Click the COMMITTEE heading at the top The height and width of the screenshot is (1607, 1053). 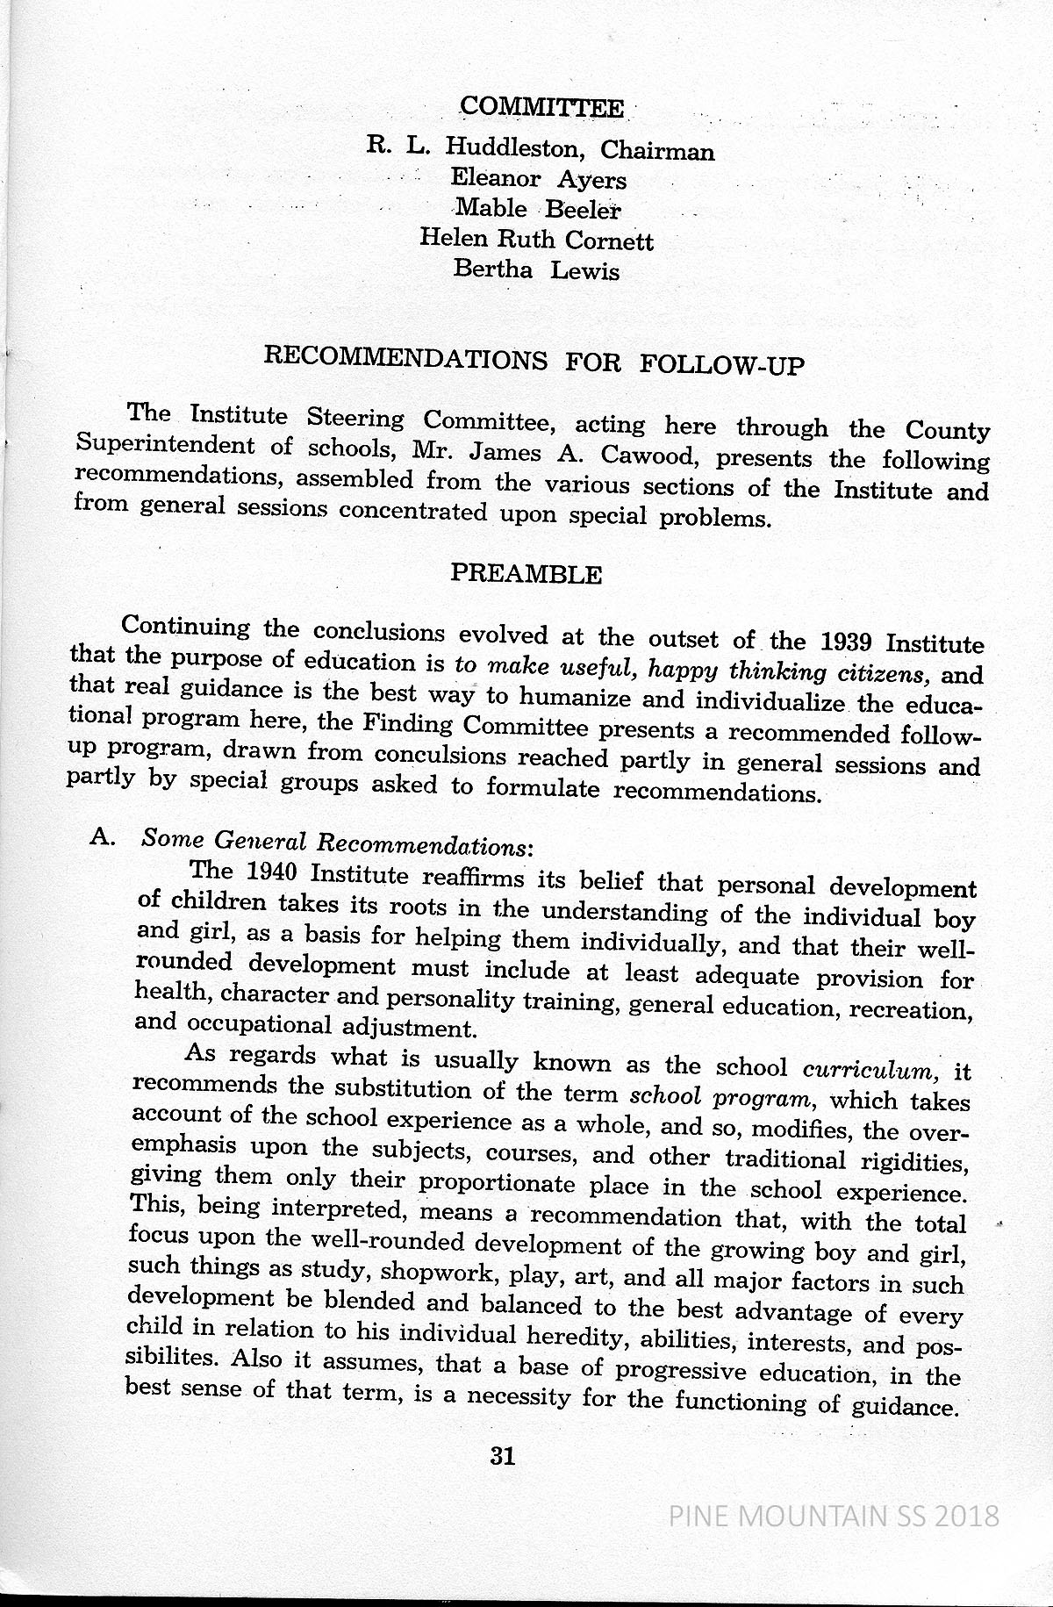541,107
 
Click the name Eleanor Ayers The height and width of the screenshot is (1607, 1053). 538,179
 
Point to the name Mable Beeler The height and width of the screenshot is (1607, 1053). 538,210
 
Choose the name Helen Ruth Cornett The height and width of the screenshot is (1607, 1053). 536,239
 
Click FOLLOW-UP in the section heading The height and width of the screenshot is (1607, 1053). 722,363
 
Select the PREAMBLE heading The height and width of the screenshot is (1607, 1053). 526,574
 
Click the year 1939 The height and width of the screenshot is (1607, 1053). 850,642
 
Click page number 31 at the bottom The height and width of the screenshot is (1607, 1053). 502,1456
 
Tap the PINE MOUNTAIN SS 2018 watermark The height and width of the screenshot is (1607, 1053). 833,1515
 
